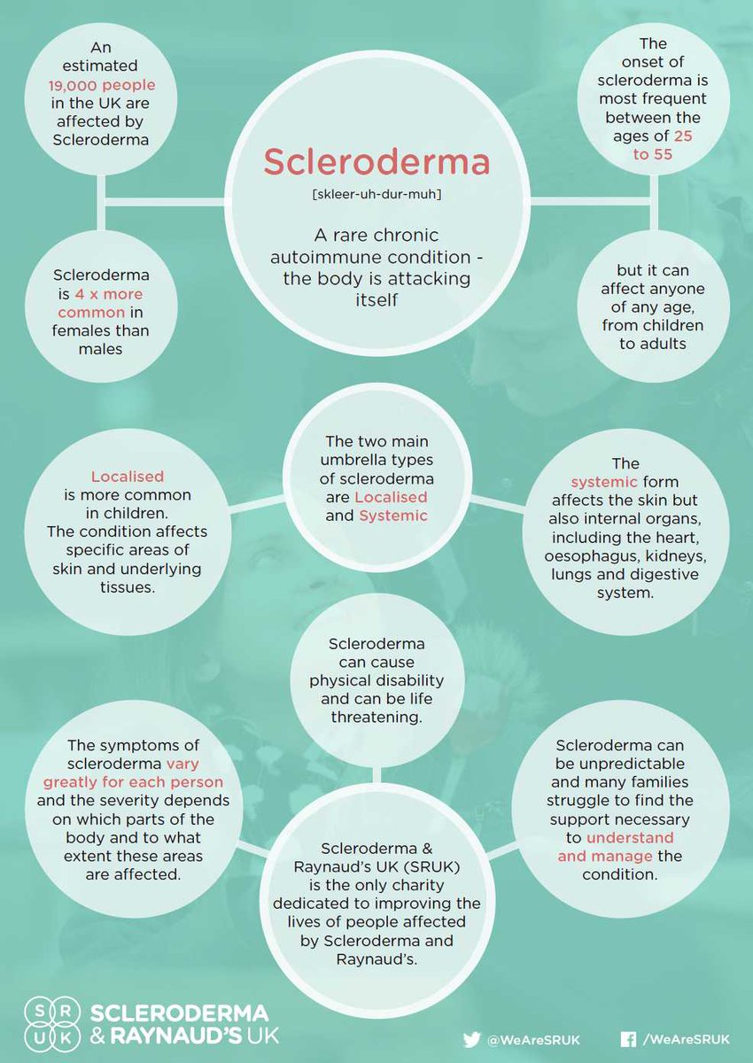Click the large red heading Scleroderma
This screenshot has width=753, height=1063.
376,162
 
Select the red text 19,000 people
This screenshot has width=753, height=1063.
102,85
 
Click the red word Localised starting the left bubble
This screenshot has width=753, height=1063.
128,476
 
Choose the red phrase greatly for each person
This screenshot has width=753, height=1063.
133,782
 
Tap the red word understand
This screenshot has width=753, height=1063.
629,837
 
